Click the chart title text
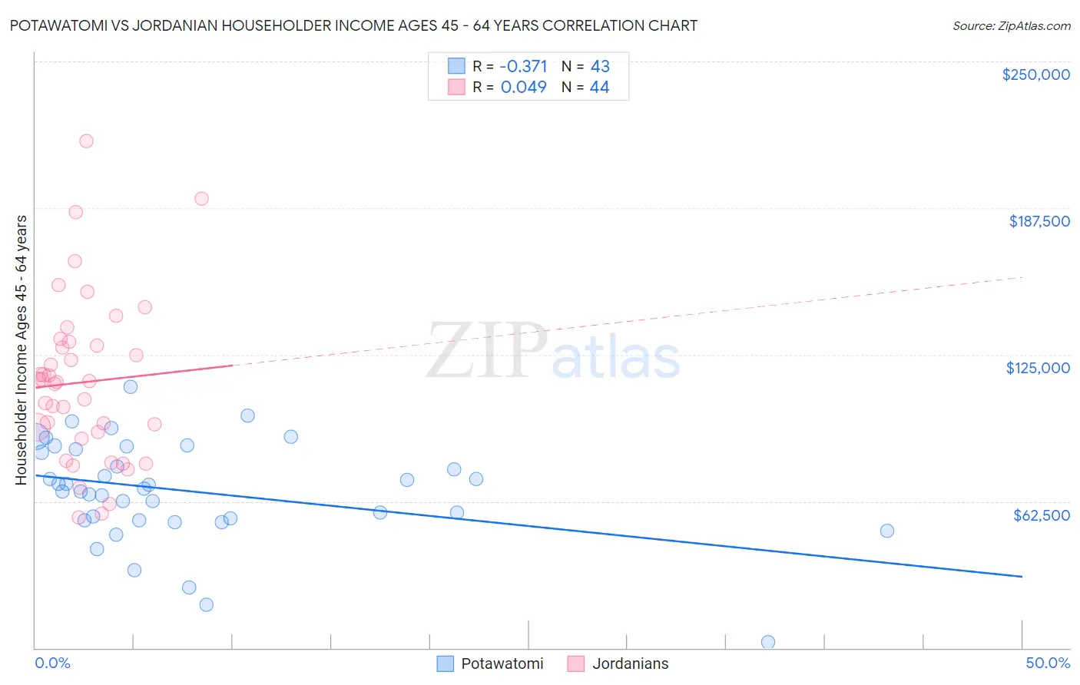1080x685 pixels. (353, 25)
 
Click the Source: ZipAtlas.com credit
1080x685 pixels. (1011, 25)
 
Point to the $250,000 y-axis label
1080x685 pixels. (1035, 74)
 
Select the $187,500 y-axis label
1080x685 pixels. (1039, 221)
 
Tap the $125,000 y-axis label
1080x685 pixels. (1038, 368)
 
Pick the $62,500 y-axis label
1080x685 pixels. (1041, 515)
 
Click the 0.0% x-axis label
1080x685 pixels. (52, 663)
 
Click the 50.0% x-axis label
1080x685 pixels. (1047, 663)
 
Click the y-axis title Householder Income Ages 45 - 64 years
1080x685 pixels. (22, 350)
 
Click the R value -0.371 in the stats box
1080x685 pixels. (523, 67)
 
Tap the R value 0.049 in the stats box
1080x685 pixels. (523, 88)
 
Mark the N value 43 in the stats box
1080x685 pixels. (600, 67)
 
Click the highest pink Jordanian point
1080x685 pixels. (86, 141)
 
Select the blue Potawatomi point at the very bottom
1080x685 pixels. (767, 642)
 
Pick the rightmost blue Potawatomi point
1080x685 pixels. (886, 531)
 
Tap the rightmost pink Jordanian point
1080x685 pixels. (201, 199)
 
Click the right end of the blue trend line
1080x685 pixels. (1022, 576)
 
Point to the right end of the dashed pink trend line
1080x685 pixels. (1022, 276)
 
